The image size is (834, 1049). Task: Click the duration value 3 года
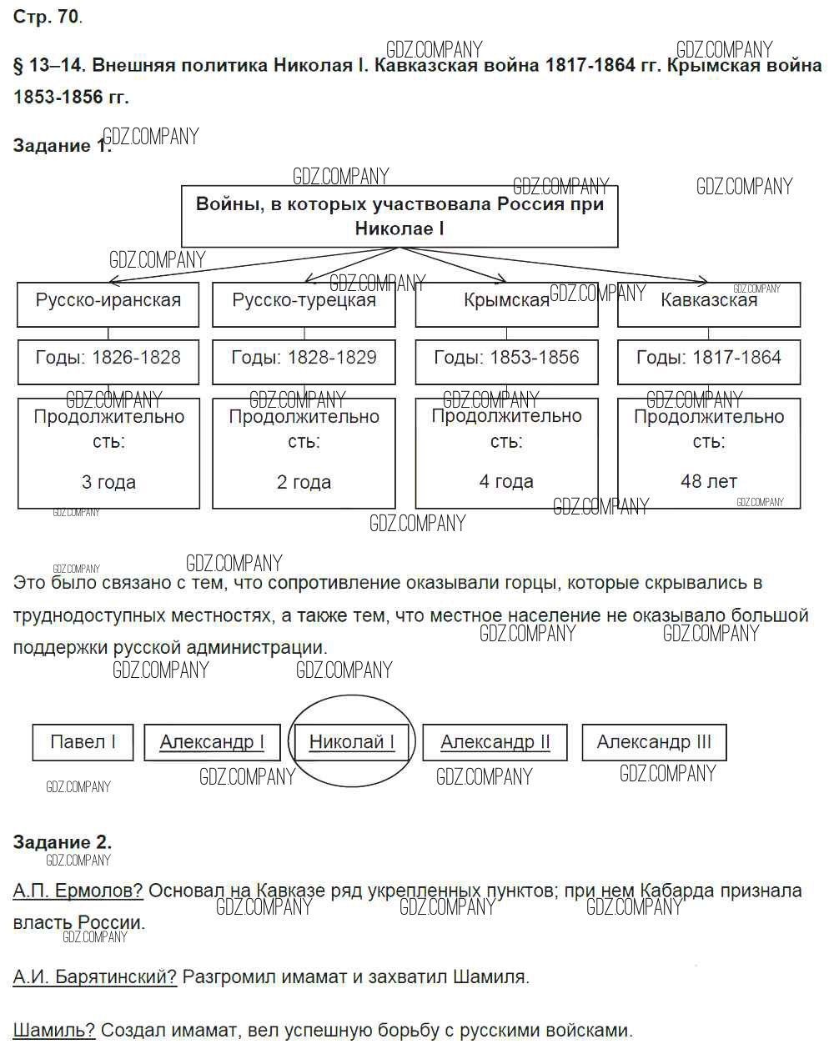(108, 482)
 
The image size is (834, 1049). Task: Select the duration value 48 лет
(709, 481)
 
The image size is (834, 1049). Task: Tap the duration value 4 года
(506, 481)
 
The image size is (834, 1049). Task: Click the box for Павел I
(83, 742)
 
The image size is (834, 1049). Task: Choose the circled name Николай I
(351, 742)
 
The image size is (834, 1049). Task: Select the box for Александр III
(654, 742)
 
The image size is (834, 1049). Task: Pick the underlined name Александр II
(495, 742)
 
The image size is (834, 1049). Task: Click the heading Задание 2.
(63, 842)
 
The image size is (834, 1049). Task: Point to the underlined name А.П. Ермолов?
(78, 891)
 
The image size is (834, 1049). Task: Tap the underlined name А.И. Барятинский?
(95, 976)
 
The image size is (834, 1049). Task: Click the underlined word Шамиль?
(54, 1030)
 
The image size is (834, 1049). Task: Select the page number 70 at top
(68, 17)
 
